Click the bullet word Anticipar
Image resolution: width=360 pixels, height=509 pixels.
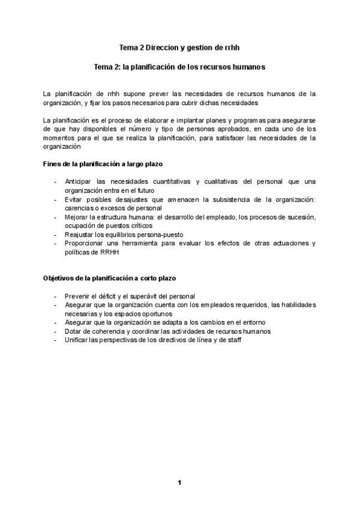[x=85, y=182]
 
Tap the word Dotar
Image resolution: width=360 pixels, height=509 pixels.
[x=74, y=331]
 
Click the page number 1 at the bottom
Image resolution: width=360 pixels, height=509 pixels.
[x=179, y=482]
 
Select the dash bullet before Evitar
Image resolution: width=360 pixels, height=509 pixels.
[x=56, y=199]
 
